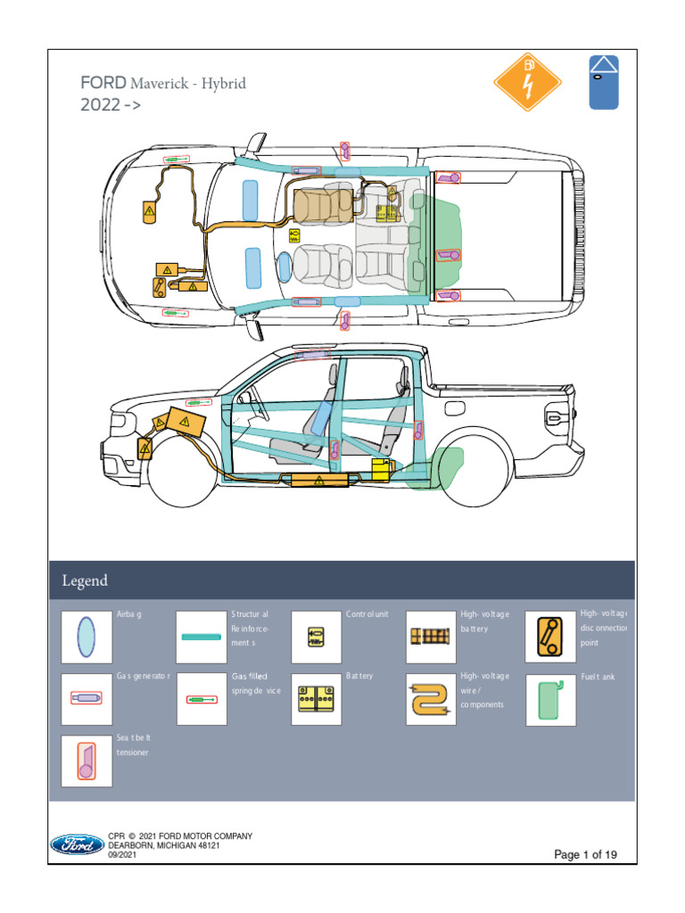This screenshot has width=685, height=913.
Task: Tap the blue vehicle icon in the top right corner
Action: pos(604,81)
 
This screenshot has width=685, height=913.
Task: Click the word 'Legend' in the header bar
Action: pos(85,580)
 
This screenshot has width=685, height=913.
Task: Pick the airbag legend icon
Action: pos(87,637)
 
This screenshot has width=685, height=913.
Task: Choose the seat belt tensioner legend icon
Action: pos(87,761)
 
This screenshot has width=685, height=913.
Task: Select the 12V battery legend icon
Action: pos(317,699)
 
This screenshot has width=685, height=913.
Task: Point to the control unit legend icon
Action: pos(317,637)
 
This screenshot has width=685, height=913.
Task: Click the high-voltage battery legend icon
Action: pos(431,637)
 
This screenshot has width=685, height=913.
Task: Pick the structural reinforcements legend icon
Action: pos(202,637)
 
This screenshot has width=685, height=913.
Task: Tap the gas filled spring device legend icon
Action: pos(202,699)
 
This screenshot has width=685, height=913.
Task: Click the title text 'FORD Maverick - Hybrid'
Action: pos(162,85)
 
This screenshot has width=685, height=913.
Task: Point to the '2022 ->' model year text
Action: pos(111,105)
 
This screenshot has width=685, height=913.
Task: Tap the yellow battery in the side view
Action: pos(382,469)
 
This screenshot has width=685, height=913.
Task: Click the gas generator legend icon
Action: pos(87,699)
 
